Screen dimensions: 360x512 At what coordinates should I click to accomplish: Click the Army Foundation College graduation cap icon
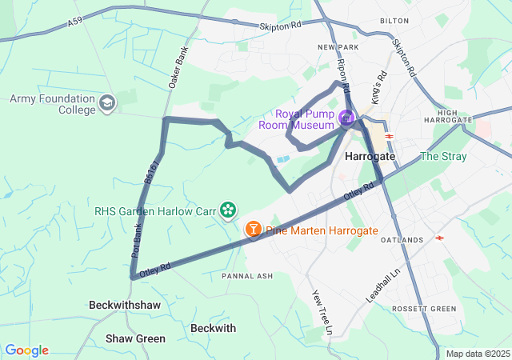107,103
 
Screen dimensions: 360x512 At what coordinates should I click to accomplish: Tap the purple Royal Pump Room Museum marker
346,119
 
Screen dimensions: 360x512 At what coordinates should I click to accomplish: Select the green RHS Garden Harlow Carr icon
228,210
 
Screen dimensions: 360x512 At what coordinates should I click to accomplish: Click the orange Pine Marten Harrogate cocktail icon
253,230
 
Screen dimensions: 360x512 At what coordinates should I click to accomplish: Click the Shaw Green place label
135,338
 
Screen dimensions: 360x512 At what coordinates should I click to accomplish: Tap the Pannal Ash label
247,276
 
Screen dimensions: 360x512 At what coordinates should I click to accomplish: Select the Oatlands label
402,240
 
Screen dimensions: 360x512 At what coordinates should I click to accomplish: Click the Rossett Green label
424,309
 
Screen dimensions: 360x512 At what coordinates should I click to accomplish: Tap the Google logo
26,350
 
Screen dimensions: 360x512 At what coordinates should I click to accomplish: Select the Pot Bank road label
139,240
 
